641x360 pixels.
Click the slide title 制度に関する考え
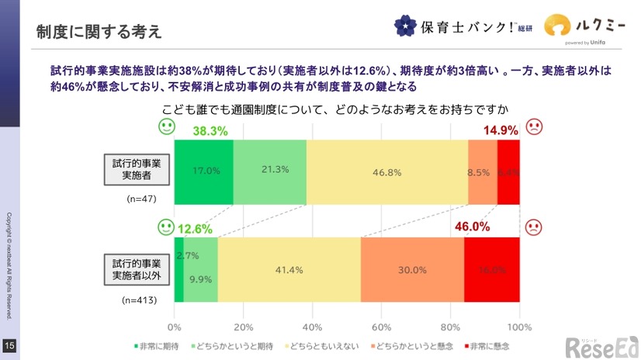coord(99,32)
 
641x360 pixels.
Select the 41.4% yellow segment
coord(289,270)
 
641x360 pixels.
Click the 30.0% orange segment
coord(412,270)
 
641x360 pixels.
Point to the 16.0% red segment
coord(492,270)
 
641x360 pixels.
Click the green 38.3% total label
coord(210,131)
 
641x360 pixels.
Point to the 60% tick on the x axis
coord(381,326)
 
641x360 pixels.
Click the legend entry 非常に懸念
coord(490,344)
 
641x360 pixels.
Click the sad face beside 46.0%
coord(534,227)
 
